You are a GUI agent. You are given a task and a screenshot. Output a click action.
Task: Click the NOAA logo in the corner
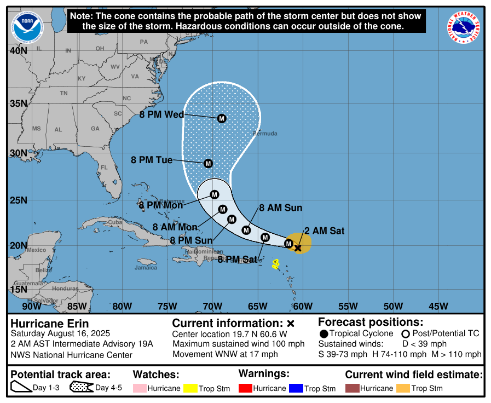click(25, 25)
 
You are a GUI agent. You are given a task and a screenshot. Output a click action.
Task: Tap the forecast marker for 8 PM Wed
click(222, 118)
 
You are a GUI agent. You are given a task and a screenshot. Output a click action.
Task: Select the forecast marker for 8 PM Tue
click(208, 163)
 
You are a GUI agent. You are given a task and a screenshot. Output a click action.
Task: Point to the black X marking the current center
click(298, 248)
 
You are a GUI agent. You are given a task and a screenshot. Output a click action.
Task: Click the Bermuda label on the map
click(265, 134)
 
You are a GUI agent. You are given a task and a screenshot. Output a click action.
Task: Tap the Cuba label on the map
click(114, 222)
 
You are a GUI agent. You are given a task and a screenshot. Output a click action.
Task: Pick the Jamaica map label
click(146, 268)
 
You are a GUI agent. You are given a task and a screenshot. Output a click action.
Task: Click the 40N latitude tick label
click(18, 50)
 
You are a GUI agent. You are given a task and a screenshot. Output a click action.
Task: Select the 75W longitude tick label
click(167, 306)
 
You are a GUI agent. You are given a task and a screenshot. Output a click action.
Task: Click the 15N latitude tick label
click(18, 289)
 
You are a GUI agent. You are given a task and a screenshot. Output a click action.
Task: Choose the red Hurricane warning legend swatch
click(246, 388)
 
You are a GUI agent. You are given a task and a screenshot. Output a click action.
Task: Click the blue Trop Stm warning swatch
click(297, 388)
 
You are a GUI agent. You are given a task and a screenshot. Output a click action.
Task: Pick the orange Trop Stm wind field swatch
click(403, 388)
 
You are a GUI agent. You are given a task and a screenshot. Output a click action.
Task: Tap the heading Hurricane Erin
click(50, 323)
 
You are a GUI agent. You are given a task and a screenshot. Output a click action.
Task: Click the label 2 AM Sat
click(325, 231)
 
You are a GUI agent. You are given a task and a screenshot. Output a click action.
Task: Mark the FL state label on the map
click(104, 168)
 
